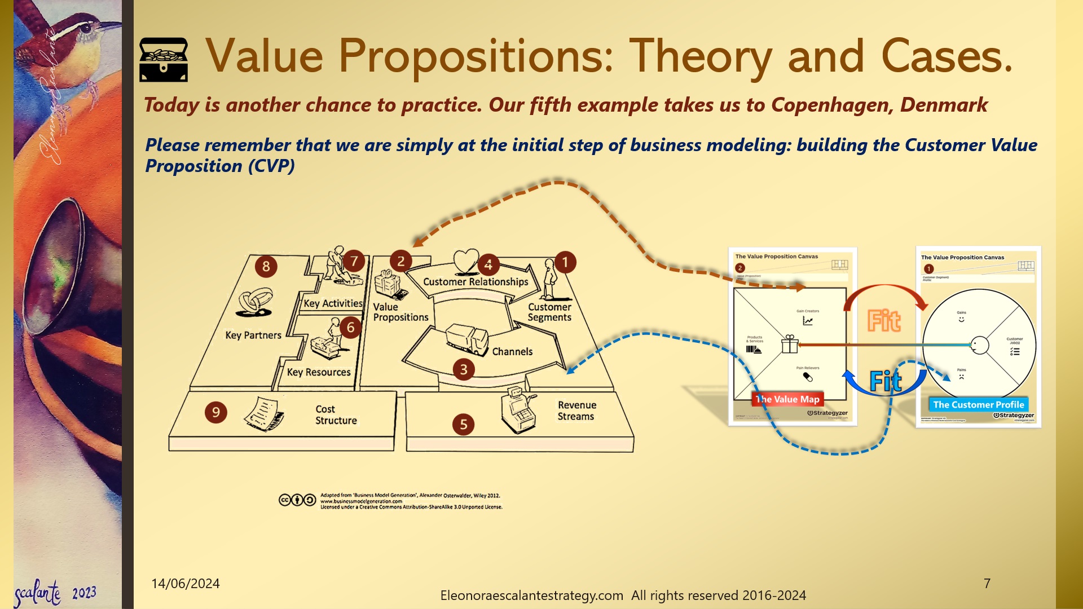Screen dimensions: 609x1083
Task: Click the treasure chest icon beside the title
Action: click(164, 60)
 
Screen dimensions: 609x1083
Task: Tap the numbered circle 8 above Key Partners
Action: click(266, 267)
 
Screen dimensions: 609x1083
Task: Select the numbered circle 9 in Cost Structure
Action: click(216, 413)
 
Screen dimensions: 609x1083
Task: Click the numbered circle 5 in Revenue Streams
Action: click(464, 425)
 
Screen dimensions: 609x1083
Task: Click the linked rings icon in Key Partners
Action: click(255, 302)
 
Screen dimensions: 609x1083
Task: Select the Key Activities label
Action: click(333, 303)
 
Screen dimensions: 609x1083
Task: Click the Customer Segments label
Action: click(549, 312)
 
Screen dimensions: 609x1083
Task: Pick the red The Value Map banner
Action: click(788, 399)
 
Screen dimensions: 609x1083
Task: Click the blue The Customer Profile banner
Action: click(979, 404)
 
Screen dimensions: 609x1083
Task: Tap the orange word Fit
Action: click(884, 321)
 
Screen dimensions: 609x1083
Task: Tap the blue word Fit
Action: click(886, 382)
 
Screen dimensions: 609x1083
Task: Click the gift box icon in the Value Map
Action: click(790, 344)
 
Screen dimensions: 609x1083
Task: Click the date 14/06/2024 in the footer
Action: click(186, 584)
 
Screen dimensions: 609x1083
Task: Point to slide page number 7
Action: click(987, 584)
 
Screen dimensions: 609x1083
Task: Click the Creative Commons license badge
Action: click(297, 500)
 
